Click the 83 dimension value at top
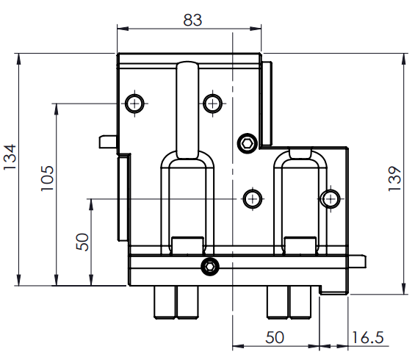192,20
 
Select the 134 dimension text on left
10,157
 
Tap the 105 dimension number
47,178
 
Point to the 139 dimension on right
394,179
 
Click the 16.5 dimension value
368,337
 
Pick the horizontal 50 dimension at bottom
275,337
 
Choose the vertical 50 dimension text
82,242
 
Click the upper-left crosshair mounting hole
134,104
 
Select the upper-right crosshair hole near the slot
212,104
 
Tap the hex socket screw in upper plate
248,143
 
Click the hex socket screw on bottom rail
210,266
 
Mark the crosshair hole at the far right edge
331,198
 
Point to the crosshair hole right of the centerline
253,198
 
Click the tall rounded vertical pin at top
187,110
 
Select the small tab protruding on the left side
108,142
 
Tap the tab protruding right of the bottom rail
357,261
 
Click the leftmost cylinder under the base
165,302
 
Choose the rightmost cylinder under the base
300,302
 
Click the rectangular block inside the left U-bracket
188,246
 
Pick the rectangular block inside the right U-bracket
300,246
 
